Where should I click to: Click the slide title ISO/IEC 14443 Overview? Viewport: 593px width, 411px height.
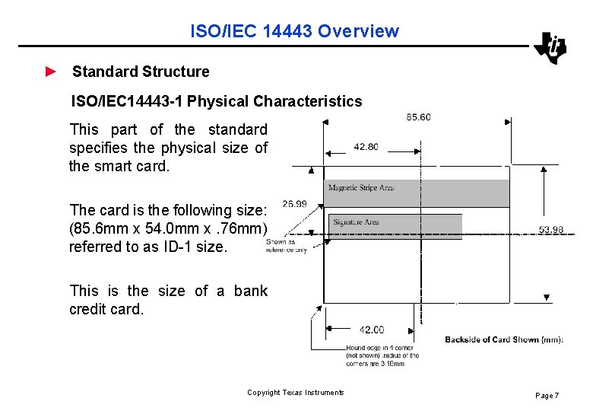[x=294, y=31]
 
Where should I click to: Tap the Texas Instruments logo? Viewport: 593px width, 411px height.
[x=550, y=48]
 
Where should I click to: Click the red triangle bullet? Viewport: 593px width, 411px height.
[x=50, y=72]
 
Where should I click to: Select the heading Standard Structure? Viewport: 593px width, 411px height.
[x=141, y=72]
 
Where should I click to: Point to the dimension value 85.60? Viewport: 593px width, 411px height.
[x=418, y=116]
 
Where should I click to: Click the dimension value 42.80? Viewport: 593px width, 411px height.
[x=366, y=147]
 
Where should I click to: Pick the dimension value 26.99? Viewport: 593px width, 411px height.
[x=294, y=203]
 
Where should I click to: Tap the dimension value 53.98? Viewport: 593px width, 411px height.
[x=551, y=230]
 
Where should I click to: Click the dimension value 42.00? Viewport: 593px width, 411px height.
[x=371, y=330]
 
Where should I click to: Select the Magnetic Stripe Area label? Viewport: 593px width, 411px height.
[x=360, y=187]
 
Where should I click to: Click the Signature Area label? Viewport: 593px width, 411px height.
[x=356, y=222]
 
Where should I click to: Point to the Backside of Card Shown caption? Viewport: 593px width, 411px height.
[x=503, y=339]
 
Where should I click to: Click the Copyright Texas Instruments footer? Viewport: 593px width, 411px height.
[x=296, y=393]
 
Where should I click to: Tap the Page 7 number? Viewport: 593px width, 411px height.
[x=547, y=396]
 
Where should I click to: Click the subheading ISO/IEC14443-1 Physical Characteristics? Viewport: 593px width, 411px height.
[x=217, y=101]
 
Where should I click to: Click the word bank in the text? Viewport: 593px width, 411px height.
[x=250, y=291]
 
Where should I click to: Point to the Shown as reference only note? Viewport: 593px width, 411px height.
[x=286, y=246]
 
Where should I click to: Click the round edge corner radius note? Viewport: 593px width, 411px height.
[x=382, y=355]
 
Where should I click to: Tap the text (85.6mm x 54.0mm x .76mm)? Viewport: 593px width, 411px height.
[x=168, y=228]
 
